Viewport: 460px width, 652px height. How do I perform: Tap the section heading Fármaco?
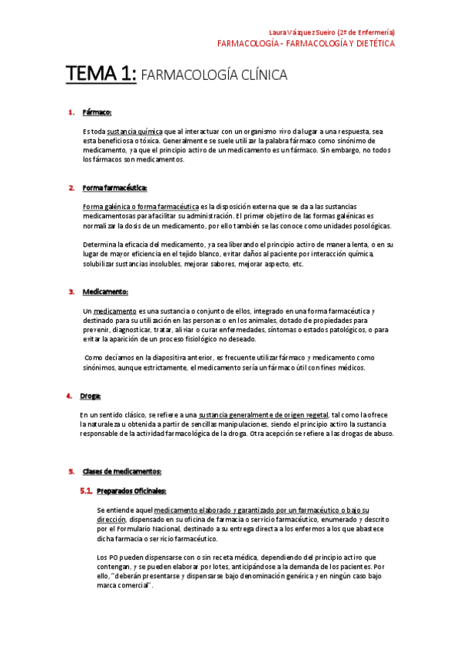point(97,113)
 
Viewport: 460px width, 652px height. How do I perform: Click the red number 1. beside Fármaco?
point(71,113)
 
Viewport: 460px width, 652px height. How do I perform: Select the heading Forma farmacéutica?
point(114,188)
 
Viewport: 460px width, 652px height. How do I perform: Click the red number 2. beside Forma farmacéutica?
point(71,188)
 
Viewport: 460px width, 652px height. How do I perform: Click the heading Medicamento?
point(105,291)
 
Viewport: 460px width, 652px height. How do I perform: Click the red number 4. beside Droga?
point(68,396)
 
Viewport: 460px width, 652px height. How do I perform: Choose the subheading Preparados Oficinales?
point(131,490)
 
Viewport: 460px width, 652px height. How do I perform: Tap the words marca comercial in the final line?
point(124,585)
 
